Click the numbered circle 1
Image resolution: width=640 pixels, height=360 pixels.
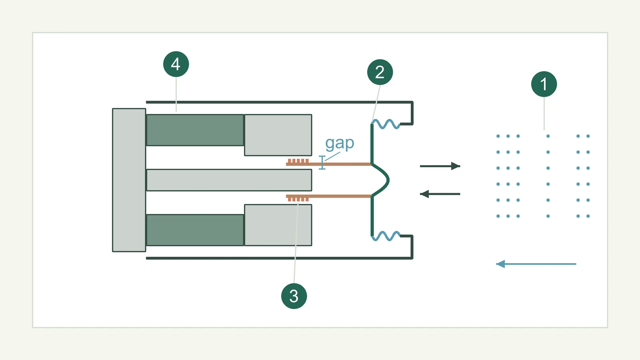544,84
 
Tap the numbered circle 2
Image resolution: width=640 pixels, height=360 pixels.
380,72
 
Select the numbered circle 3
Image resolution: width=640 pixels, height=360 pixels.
294,296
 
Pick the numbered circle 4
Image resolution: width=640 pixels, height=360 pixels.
176,64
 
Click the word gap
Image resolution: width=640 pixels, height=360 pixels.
340,143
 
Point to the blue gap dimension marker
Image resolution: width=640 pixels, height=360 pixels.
322,162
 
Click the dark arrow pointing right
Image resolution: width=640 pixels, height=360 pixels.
440,166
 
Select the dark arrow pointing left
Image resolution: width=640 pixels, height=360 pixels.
440,194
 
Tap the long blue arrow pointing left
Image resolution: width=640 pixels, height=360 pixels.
536,264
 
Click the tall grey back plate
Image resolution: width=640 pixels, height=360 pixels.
129,180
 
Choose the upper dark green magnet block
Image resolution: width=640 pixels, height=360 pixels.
195,130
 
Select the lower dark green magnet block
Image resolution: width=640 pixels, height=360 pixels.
195,230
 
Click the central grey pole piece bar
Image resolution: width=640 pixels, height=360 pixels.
229,180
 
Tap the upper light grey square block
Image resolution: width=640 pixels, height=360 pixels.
278,135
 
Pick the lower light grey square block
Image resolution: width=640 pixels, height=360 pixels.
278,225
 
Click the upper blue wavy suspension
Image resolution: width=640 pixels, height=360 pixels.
386,124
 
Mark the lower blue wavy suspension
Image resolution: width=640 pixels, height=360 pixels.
386,236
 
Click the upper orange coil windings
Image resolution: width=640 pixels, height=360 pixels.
298,161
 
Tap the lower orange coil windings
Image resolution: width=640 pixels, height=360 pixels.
298,199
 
